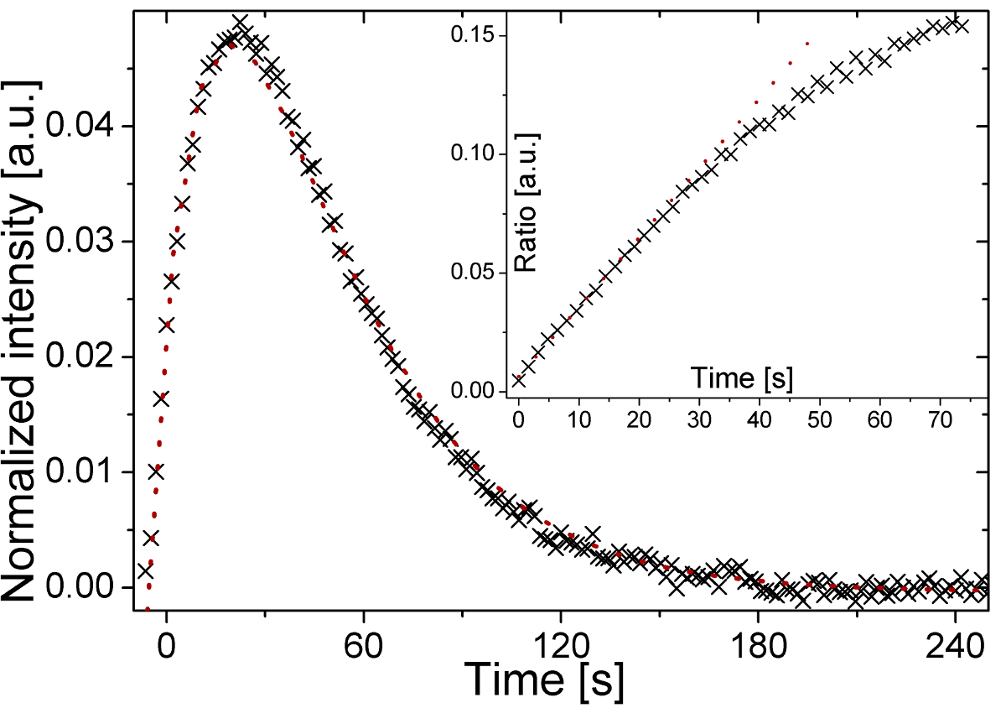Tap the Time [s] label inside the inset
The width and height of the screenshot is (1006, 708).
(x=742, y=378)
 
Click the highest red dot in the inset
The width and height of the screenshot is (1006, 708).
(x=807, y=44)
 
